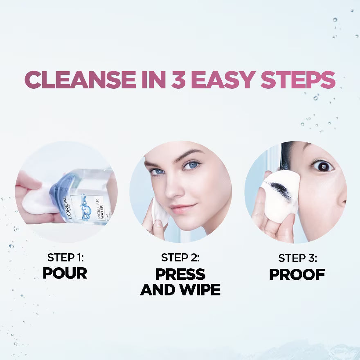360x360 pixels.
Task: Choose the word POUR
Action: [65, 273]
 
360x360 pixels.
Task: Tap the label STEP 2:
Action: [180, 258]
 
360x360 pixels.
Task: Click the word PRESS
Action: [180, 274]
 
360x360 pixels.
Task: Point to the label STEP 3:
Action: [297, 258]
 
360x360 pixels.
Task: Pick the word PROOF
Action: [297, 274]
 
